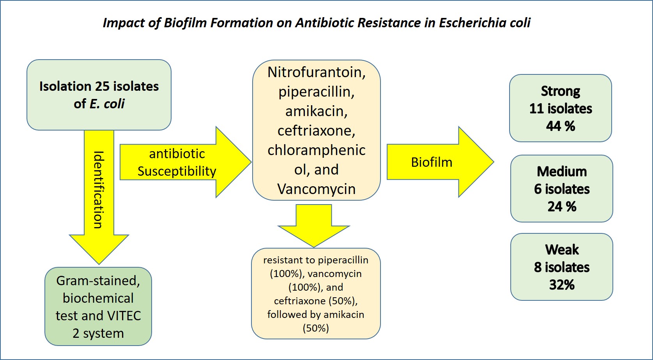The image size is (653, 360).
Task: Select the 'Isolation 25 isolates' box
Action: click(99, 95)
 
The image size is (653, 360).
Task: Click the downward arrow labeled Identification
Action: click(99, 195)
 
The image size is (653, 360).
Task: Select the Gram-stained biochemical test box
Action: click(98, 307)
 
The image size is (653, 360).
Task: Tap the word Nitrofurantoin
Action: click(316, 72)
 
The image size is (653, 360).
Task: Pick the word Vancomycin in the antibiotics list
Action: click(316, 189)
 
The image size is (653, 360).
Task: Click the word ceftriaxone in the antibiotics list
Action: click(316, 131)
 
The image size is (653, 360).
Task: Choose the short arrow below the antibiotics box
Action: click(314, 226)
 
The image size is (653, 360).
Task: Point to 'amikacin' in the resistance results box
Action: click(346, 314)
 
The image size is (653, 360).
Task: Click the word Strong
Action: click(560, 91)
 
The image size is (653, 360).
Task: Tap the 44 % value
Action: click(560, 126)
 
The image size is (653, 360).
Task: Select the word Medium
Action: click(561, 171)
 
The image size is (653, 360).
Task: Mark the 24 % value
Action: click(561, 206)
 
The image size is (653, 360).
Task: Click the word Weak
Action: click(562, 249)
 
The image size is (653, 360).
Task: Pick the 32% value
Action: click(562, 285)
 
